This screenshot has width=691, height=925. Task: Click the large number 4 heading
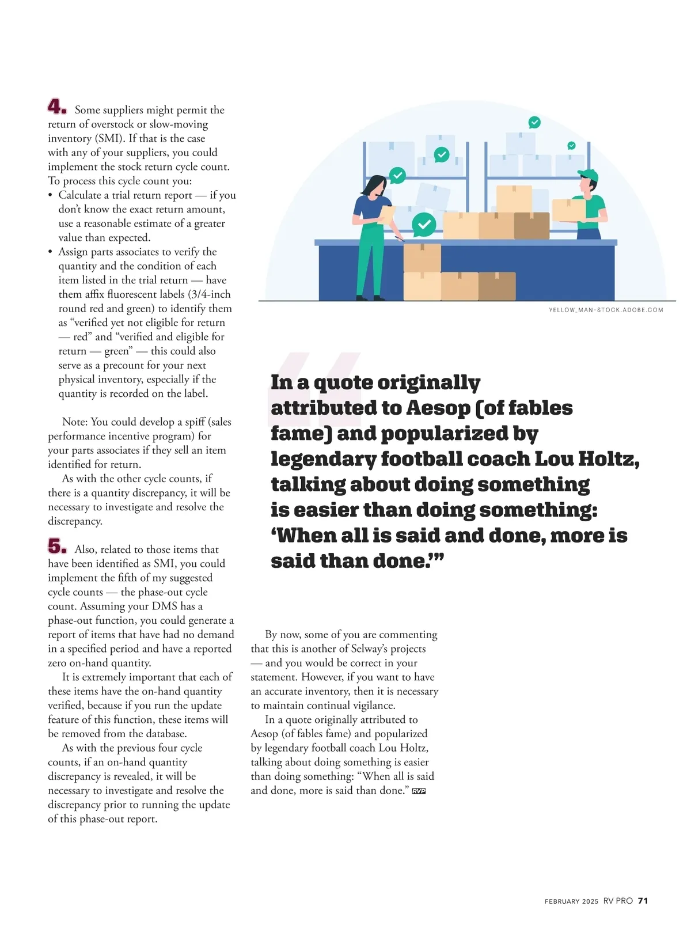tap(56, 107)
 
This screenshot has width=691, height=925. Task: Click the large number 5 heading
tap(56, 546)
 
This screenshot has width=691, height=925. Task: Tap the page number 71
tap(643, 901)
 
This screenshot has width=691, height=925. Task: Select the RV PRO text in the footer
tap(618, 901)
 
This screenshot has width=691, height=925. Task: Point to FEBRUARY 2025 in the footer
tap(571, 901)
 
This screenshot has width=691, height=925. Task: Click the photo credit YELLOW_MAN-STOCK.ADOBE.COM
tap(606, 310)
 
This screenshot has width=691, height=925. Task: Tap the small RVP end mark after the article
tap(419, 791)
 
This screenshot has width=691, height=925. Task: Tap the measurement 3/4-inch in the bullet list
tap(210, 294)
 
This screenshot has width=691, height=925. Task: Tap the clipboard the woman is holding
tap(386, 214)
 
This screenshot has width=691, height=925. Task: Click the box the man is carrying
tap(568, 210)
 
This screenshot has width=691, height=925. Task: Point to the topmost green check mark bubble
tap(534, 122)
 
